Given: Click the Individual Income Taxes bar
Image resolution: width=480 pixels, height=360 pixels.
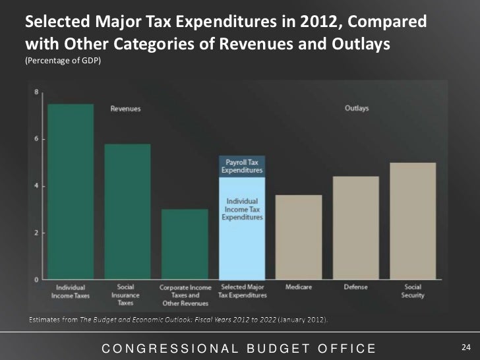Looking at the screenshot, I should click(71, 191).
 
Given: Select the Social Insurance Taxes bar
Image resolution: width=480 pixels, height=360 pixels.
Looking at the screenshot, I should click(127, 211).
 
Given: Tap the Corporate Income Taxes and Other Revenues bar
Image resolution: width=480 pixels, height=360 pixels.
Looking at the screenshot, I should click(185, 244).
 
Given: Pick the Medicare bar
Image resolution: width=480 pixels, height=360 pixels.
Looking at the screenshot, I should click(299, 237).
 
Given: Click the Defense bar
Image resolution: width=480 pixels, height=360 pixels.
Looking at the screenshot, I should click(356, 227).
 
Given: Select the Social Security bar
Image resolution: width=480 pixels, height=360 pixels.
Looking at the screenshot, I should click(413, 221).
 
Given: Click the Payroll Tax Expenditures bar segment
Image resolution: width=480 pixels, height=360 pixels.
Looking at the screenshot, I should click(241, 167).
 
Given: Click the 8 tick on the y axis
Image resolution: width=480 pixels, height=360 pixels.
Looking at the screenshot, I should click(36, 92).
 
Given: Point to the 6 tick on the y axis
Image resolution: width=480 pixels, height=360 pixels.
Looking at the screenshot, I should click(36, 138).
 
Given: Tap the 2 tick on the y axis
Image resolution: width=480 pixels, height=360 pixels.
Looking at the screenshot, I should click(36, 233).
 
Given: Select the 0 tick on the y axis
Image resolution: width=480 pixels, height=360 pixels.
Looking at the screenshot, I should click(36, 280).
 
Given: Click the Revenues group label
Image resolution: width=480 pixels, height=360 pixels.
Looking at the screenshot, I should click(125, 109).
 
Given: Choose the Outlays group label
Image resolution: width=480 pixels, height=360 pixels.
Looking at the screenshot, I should click(357, 109).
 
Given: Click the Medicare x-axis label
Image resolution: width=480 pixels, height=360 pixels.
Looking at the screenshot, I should click(299, 287).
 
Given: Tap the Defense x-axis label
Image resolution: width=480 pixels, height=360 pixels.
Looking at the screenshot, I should click(356, 287).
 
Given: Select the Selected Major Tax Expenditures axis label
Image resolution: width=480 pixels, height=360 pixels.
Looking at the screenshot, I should click(242, 291).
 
